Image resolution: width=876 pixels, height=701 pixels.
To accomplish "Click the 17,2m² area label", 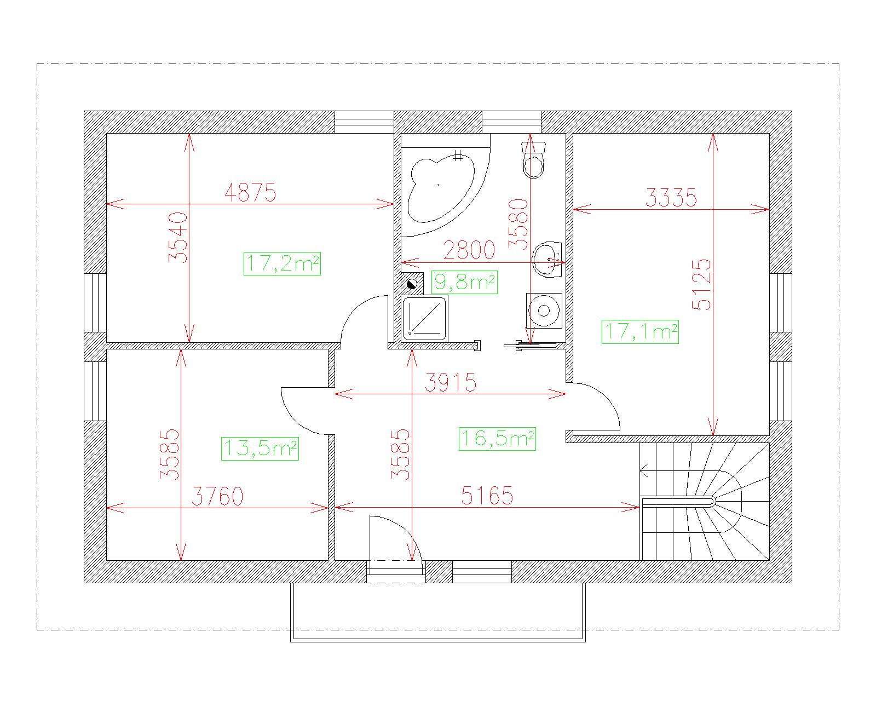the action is pyautogui.click(x=282, y=263).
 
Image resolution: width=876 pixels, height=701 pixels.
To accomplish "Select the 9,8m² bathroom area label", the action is pyautogui.click(x=464, y=282).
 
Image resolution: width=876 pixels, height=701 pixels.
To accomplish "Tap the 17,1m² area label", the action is pyautogui.click(x=641, y=331).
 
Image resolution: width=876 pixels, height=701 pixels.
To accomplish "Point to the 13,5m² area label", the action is pyautogui.click(x=260, y=449).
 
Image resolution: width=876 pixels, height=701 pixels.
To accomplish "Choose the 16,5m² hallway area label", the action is pyautogui.click(x=497, y=439).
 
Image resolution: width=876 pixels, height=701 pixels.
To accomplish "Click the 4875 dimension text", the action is pyautogui.click(x=250, y=192).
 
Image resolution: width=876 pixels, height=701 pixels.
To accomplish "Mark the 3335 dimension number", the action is pyautogui.click(x=671, y=198).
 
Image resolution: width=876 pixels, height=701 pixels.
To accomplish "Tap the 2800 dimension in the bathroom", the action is pyautogui.click(x=469, y=250).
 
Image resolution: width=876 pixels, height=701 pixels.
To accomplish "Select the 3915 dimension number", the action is pyautogui.click(x=451, y=382).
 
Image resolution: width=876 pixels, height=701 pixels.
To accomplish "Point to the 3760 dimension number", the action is pyautogui.click(x=217, y=496).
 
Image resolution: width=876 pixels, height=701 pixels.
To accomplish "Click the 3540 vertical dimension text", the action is pyautogui.click(x=178, y=238).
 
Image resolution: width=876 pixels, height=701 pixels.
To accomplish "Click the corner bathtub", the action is pyautogui.click(x=443, y=189).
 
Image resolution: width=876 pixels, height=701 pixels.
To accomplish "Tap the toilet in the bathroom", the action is pyautogui.click(x=533, y=160).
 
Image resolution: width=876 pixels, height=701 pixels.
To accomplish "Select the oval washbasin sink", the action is pyautogui.click(x=547, y=260).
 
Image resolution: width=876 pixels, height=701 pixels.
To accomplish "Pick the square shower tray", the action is pyautogui.click(x=424, y=318).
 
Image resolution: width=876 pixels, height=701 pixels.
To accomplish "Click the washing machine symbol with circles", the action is pyautogui.click(x=544, y=311).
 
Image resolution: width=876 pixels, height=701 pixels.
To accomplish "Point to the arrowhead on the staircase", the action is pyautogui.click(x=644, y=472).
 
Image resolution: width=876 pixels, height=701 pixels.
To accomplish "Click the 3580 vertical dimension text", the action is pyautogui.click(x=518, y=223).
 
